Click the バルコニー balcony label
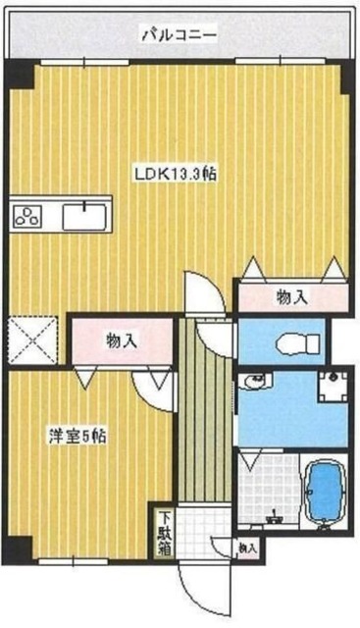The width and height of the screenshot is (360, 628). [x=178, y=36]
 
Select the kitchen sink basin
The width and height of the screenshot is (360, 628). [x=86, y=216]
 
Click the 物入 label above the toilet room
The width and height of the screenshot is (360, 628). [x=291, y=295]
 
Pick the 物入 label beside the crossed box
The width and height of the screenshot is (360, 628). [x=121, y=340]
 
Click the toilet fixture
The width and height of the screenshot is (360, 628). [x=294, y=342]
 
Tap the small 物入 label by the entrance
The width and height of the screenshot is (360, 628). [x=246, y=550]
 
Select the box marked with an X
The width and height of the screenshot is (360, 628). [x=33, y=340]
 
